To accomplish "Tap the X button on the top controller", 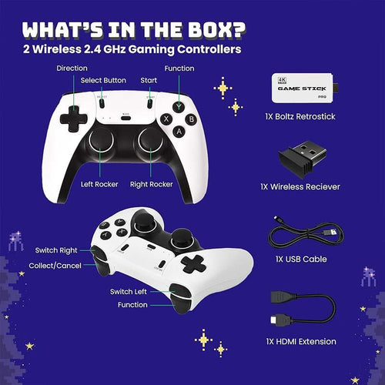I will (x=166, y=119).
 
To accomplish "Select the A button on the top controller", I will (x=179, y=131).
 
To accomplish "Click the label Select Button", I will (x=102, y=81).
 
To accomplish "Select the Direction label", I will (x=72, y=69).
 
